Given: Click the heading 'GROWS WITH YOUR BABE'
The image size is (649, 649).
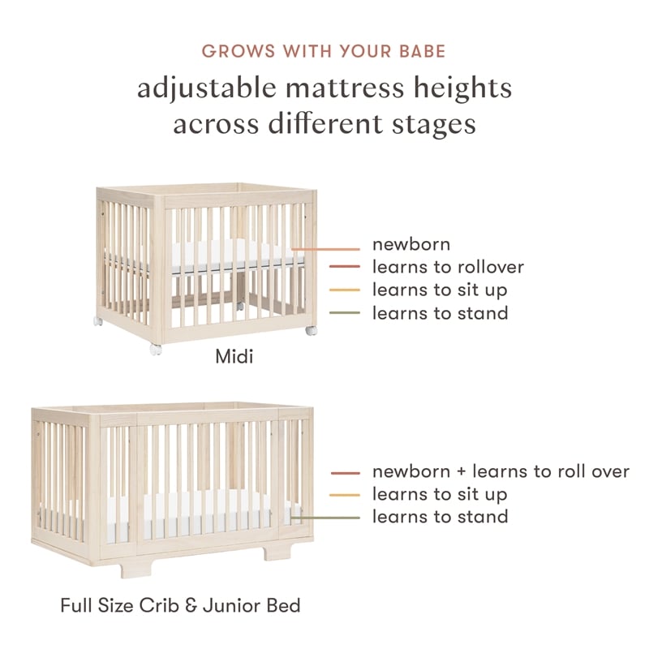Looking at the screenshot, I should pos(324,51).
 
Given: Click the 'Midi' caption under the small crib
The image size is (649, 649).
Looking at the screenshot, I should pos(234,356).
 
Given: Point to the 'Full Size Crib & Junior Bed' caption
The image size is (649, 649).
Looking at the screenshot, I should pos(181,605).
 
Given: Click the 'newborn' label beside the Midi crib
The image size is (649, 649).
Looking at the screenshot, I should pos(410,243).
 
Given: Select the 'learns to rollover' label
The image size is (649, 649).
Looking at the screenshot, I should pos(448,266).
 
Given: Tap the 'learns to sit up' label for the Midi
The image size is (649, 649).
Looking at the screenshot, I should pos(440,290).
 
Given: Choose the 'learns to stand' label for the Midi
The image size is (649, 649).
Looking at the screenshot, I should pos(440,312).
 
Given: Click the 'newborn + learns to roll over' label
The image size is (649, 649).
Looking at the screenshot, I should pos(501,471).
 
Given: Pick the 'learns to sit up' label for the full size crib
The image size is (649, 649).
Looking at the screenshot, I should pos(440,493).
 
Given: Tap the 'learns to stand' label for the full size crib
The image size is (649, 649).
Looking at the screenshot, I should pos(440,516).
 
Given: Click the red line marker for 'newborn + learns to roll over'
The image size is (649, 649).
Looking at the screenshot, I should pos(345,472).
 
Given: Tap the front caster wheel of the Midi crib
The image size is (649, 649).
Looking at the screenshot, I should pos(156,350).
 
